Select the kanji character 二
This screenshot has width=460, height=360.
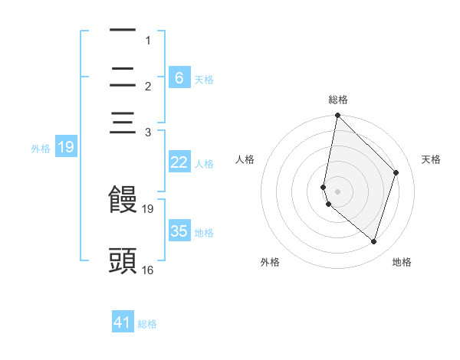(x=123, y=77)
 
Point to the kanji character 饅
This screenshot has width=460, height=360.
(x=123, y=200)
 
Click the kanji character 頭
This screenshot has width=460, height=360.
(x=123, y=260)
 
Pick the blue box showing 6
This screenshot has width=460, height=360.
(x=179, y=77)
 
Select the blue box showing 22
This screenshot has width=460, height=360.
(x=179, y=162)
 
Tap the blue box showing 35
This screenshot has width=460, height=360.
(x=179, y=231)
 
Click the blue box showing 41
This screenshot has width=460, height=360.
(x=123, y=322)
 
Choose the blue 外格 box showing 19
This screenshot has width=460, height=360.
(x=66, y=147)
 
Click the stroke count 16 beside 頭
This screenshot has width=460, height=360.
(x=148, y=270)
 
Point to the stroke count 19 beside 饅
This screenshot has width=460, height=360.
(x=148, y=208)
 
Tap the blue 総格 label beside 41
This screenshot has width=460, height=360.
(x=147, y=324)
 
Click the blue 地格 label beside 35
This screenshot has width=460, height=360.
(x=204, y=233)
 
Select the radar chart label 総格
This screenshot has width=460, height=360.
(x=337, y=100)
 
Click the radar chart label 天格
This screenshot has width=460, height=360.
(x=431, y=159)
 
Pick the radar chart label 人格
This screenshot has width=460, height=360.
(x=245, y=159)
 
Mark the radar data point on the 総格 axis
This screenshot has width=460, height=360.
(x=337, y=116)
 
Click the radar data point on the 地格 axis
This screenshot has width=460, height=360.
(x=374, y=242)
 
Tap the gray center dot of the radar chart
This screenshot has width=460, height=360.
(x=337, y=191)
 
